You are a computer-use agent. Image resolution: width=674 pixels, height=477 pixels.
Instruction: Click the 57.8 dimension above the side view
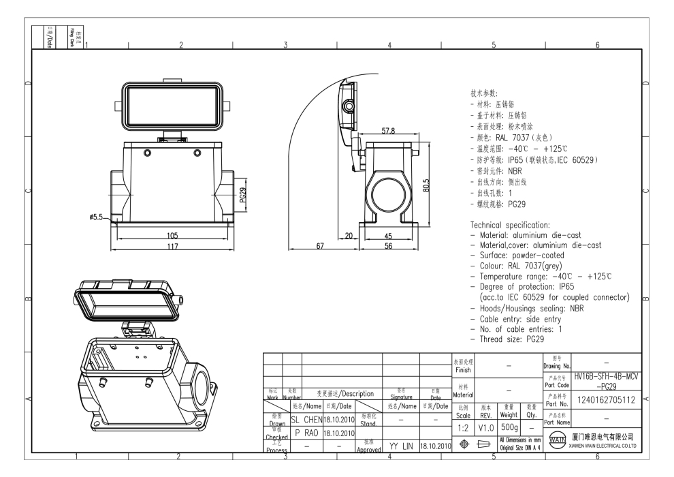click(x=388, y=130)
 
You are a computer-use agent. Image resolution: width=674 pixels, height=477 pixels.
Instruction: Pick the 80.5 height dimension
click(x=426, y=185)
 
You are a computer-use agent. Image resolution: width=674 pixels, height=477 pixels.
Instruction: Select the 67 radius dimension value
click(x=319, y=246)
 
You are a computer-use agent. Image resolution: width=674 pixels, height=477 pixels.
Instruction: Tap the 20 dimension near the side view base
click(x=349, y=236)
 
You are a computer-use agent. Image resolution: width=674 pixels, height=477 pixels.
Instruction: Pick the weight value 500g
click(x=509, y=427)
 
